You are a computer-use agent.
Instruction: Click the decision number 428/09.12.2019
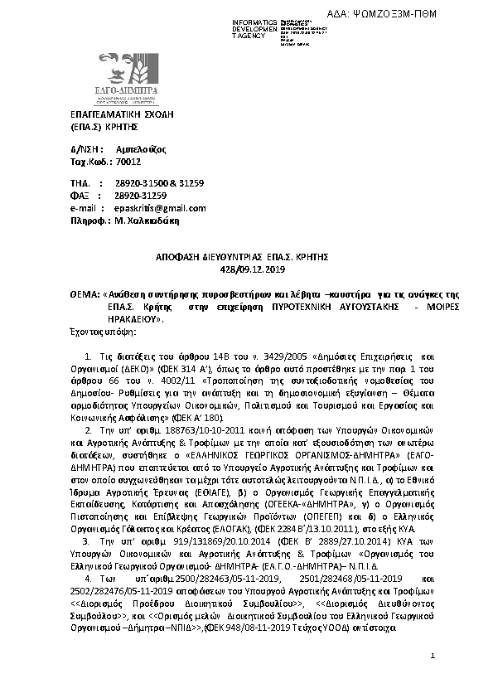(246, 270)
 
